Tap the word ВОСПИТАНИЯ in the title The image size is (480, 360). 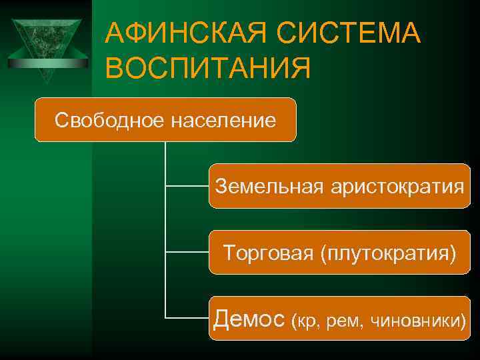[208, 69]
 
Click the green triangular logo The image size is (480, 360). [46, 43]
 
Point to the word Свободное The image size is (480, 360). [109, 121]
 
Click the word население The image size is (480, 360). [223, 121]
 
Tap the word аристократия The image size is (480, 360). [397, 186]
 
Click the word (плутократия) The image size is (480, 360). [389, 252]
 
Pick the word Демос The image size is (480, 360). [249, 319]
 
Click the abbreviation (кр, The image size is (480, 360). [308, 321]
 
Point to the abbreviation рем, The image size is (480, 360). [347, 321]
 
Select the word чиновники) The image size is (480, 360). [417, 321]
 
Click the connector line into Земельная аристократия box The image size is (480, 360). [187, 186]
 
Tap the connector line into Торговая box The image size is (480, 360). [187, 252]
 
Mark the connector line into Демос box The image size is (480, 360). [187, 318]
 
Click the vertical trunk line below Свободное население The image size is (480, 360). [165, 220]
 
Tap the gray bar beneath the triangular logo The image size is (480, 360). [46, 63]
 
